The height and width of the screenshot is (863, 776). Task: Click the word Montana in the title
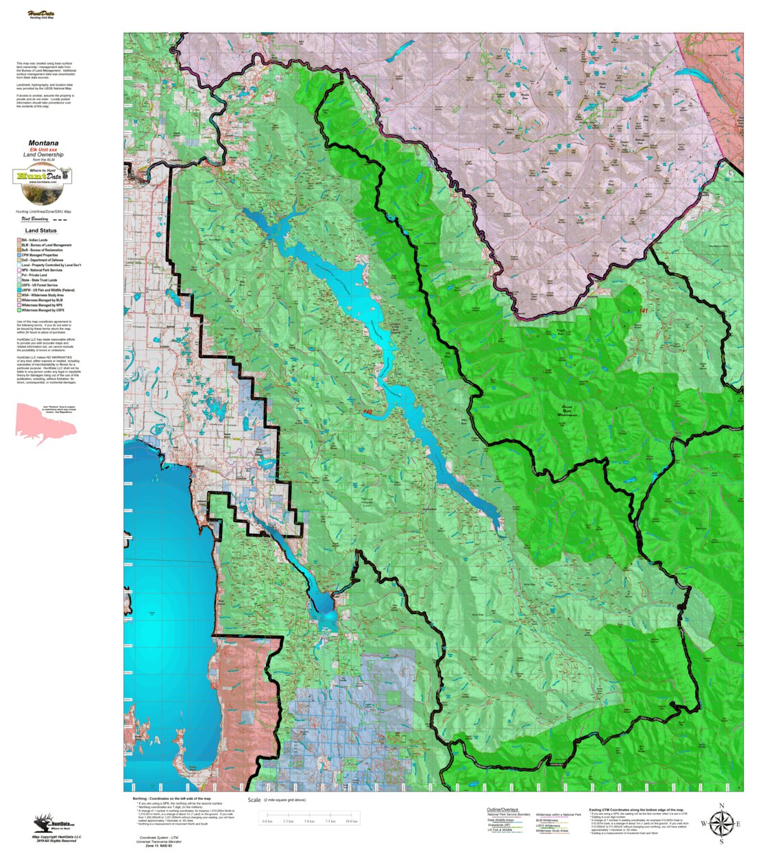click(x=43, y=143)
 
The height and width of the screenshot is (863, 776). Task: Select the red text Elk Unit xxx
click(x=43, y=150)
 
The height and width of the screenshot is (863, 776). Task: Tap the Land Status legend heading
click(x=41, y=230)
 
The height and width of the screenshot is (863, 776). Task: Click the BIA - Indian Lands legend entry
click(x=34, y=240)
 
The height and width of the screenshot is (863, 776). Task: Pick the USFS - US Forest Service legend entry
click(x=39, y=285)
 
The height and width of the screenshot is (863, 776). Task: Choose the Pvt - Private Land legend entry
click(x=34, y=275)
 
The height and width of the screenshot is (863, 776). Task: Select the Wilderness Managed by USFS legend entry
click(x=43, y=310)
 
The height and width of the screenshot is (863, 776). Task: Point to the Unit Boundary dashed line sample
click(x=60, y=220)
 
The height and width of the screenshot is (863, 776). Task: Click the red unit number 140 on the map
click(x=368, y=412)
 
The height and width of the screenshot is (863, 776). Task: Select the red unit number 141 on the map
click(x=642, y=311)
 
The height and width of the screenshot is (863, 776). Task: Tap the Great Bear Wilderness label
click(x=568, y=410)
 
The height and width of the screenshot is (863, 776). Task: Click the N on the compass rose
click(x=721, y=805)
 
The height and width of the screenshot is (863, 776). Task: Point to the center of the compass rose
click(x=721, y=823)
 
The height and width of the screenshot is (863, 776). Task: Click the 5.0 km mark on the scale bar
click(x=309, y=821)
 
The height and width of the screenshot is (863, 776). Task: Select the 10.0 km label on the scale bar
click(x=352, y=821)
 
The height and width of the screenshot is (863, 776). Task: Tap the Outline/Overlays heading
click(x=502, y=809)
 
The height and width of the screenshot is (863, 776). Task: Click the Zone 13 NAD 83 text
click(x=159, y=846)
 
